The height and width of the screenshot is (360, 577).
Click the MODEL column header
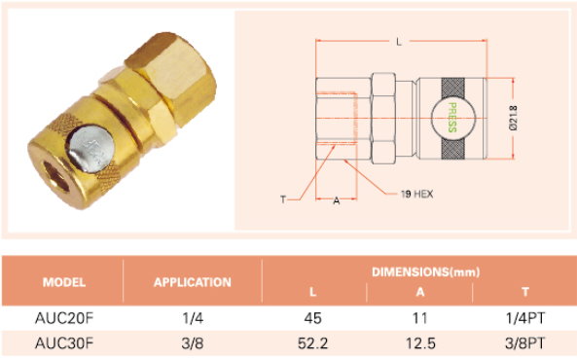(x=64, y=282)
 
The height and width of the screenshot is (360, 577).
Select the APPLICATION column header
(x=193, y=282)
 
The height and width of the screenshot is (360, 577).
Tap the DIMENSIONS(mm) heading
(x=426, y=272)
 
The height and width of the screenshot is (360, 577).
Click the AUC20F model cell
(x=64, y=318)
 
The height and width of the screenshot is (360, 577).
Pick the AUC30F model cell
(x=64, y=343)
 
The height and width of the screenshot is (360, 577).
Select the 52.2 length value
(x=312, y=343)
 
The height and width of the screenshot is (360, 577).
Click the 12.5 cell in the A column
(x=420, y=343)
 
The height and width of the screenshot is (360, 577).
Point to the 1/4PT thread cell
(x=525, y=318)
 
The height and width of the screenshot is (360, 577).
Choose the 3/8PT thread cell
(x=525, y=343)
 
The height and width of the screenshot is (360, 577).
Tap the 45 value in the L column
(x=312, y=318)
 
